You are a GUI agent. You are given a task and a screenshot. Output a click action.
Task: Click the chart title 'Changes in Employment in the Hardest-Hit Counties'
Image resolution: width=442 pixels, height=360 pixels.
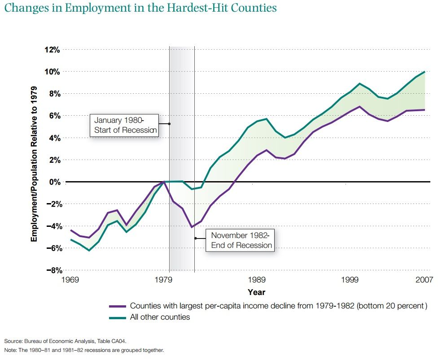click(140, 8)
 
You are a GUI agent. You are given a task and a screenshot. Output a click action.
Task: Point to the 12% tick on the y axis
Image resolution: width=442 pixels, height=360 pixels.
click(52, 50)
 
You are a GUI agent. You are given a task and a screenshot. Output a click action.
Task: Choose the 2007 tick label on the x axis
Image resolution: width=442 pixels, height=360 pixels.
click(424, 280)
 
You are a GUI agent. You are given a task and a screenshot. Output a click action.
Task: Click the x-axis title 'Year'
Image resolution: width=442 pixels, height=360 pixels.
click(256, 292)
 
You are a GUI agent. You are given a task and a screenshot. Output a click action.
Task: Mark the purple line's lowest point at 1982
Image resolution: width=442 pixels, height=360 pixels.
click(192, 227)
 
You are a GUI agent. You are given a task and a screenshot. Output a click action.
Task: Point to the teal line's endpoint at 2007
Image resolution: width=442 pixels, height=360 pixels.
click(424, 72)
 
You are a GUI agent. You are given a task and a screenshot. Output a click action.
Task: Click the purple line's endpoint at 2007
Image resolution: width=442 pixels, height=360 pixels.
click(424, 110)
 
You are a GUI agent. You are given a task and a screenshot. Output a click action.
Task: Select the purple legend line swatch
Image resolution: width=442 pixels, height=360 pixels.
click(118, 307)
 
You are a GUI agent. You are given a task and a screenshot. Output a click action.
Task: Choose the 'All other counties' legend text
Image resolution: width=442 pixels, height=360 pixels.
click(160, 317)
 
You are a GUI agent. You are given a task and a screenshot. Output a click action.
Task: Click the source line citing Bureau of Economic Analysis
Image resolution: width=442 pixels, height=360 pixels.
click(62, 341)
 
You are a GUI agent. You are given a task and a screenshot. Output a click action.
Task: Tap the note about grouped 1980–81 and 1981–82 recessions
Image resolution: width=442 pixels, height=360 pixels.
click(84, 350)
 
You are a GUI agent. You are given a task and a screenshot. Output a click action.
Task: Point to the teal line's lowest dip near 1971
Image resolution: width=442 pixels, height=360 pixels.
click(89, 250)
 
